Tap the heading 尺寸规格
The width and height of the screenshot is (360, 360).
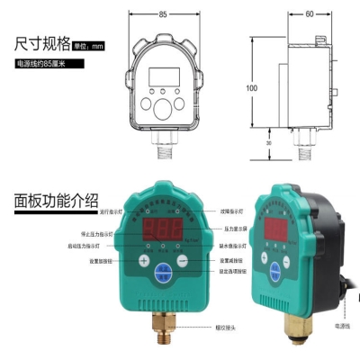[42, 43]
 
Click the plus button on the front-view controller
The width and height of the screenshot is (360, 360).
[142, 261]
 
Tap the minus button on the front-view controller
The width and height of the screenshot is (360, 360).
[183, 261]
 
